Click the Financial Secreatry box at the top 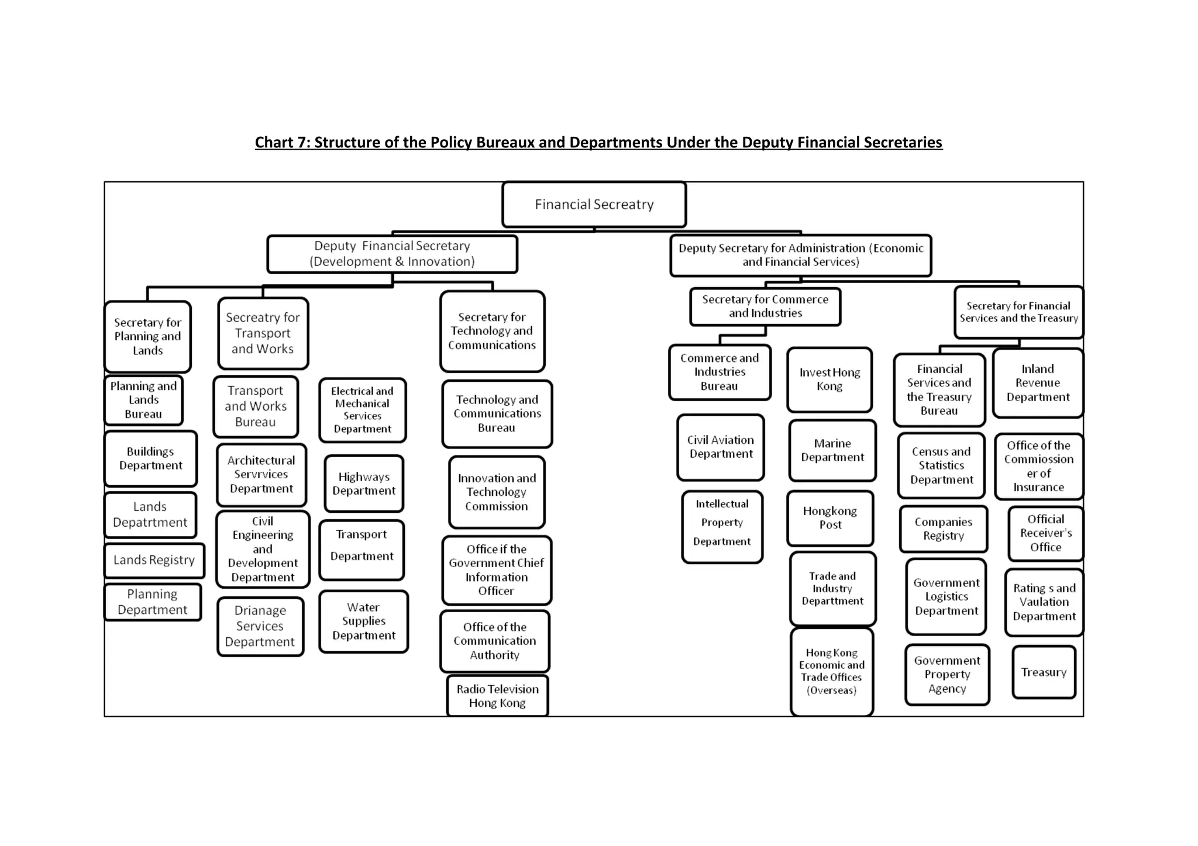[594, 205]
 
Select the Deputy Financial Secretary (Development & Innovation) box [392, 254]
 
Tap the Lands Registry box [154, 560]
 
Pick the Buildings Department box [151, 458]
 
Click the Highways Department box [364, 484]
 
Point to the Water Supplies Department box [363, 621]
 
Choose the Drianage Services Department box [260, 626]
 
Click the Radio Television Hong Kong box [497, 696]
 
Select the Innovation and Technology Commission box [497, 492]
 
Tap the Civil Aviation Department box [721, 447]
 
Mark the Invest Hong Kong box [829, 379]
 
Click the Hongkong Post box [830, 518]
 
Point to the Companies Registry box [943, 529]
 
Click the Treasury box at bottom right [1044, 672]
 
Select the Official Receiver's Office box [1045, 533]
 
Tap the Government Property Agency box [947, 675]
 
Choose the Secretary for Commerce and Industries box [765, 306]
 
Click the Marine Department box [832, 450]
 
